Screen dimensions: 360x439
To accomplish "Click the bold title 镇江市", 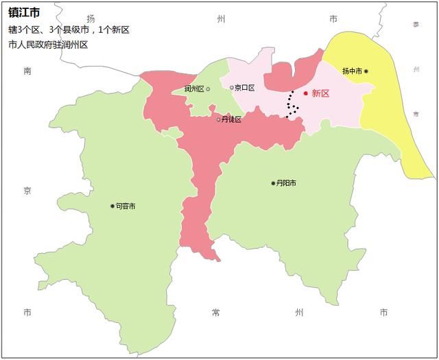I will pos(24,13).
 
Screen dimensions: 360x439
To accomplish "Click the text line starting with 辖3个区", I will pos(69,30).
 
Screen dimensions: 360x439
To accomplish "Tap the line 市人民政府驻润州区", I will pos(48,45).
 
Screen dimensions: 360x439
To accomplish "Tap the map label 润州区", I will pos(194,89).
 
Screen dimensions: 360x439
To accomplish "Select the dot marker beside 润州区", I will pos(208,89).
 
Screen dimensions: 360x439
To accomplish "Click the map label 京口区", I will pos(245,88).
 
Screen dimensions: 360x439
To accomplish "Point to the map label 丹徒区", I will pos(232,120).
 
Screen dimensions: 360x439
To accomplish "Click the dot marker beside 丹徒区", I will pos(219,120).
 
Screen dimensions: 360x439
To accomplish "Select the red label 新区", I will pos(320,93).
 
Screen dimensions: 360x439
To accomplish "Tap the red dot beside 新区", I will pos(306,93).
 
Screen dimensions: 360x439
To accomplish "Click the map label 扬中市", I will pos(352,71).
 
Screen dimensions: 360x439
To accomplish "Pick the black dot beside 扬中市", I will pos(366,71).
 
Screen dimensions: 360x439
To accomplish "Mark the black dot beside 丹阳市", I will pos(273,183).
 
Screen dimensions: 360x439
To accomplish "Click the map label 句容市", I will pos(126,206).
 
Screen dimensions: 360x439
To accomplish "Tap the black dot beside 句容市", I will pos(112,206).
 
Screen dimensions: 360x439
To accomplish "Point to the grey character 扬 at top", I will pos(91,19).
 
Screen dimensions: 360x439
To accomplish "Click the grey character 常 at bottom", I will pos(216,313).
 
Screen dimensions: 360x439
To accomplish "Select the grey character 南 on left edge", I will pos(27,71).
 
